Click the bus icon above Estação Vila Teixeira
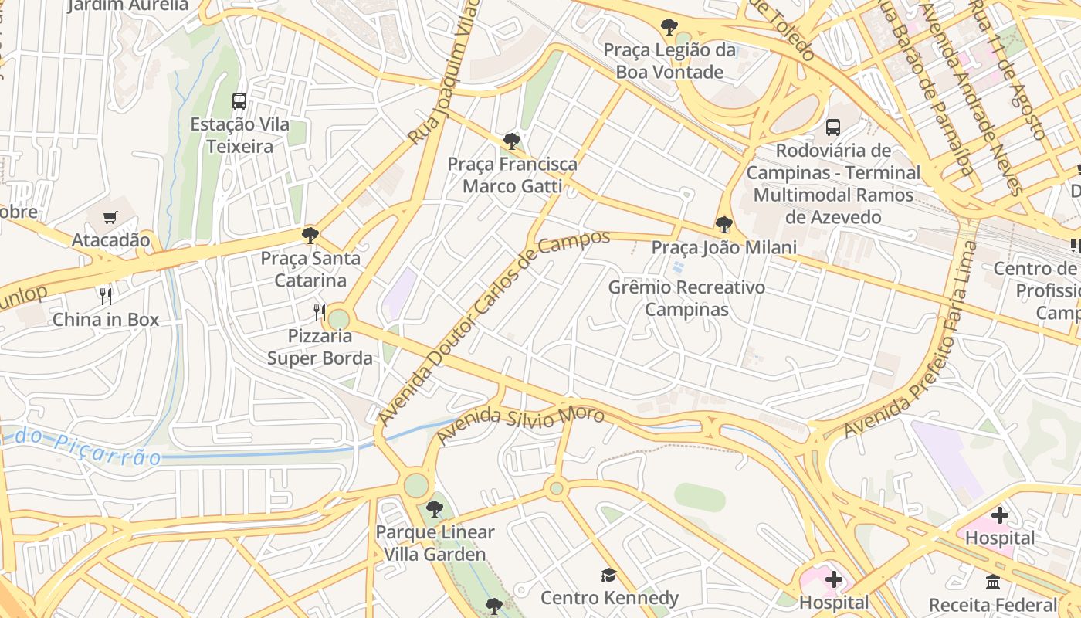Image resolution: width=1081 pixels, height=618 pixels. [239, 101]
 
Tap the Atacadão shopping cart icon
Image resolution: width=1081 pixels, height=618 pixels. [110, 217]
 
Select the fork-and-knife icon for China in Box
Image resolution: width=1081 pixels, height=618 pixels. [106, 296]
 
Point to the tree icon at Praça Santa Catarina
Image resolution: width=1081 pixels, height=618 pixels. [310, 235]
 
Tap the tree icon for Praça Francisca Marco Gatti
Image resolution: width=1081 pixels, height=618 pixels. [511, 141]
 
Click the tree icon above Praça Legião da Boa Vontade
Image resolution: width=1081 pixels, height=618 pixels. [669, 27]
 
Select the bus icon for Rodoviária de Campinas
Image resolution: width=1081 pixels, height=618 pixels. [832, 127]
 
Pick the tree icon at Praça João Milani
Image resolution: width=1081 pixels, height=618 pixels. [723, 225]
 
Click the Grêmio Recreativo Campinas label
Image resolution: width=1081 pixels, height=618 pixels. [686, 299]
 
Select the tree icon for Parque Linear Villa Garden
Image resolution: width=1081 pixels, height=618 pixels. [435, 509]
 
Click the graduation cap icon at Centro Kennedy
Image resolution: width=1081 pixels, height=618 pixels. [609, 575]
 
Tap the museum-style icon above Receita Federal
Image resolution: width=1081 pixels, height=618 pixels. [993, 582]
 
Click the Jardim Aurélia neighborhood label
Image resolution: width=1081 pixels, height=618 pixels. [128, 5]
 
